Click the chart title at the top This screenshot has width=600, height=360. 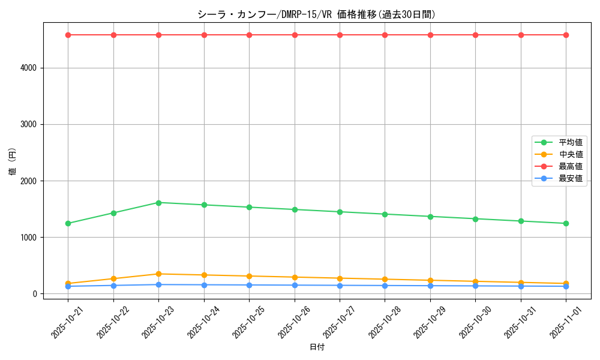click(x=317, y=14)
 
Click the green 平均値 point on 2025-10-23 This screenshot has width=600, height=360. click(x=158, y=203)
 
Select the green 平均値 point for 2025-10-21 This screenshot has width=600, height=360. click(x=68, y=223)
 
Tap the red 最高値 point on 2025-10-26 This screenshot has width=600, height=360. click(x=295, y=35)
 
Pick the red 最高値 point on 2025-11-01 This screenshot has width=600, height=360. click(x=566, y=35)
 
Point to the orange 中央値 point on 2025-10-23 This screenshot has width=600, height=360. click(x=158, y=274)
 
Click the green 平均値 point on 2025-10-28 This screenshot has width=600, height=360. click(x=385, y=214)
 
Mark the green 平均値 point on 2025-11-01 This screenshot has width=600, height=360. click(x=566, y=223)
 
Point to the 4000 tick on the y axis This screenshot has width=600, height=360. click(x=29, y=68)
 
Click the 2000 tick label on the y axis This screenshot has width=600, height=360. click(x=29, y=181)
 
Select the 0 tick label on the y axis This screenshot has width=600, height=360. click(x=36, y=294)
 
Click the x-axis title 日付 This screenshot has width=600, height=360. click(x=317, y=347)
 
